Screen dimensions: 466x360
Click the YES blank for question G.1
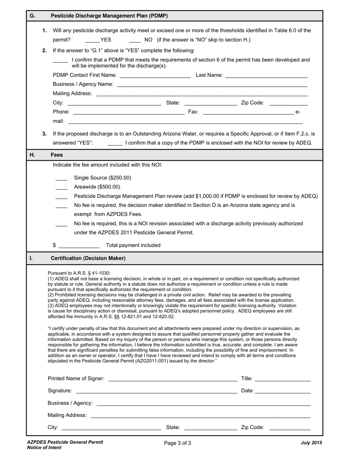(92, 40)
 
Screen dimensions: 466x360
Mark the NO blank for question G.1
(135, 40)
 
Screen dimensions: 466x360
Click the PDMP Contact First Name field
(155, 75)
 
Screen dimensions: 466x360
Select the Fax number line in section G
(248, 112)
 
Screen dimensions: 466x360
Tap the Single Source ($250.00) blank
(61, 178)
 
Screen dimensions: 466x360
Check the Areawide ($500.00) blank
(61, 187)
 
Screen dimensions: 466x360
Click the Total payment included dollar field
(79, 246)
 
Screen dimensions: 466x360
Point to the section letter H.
(32, 155)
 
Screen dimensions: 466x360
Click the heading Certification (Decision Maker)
(88, 258)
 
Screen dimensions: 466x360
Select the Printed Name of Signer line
(172, 379)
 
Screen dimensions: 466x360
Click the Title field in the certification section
(282, 379)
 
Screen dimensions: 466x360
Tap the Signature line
(156, 391)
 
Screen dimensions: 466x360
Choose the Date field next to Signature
(283, 391)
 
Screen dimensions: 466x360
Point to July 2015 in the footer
(311, 443)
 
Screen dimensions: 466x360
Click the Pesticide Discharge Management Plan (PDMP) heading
(109, 16)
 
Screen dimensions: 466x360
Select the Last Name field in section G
(266, 75)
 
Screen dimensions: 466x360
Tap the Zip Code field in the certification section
(290, 428)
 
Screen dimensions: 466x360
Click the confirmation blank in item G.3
(115, 143)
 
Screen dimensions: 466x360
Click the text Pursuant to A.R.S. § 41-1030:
(79, 273)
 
